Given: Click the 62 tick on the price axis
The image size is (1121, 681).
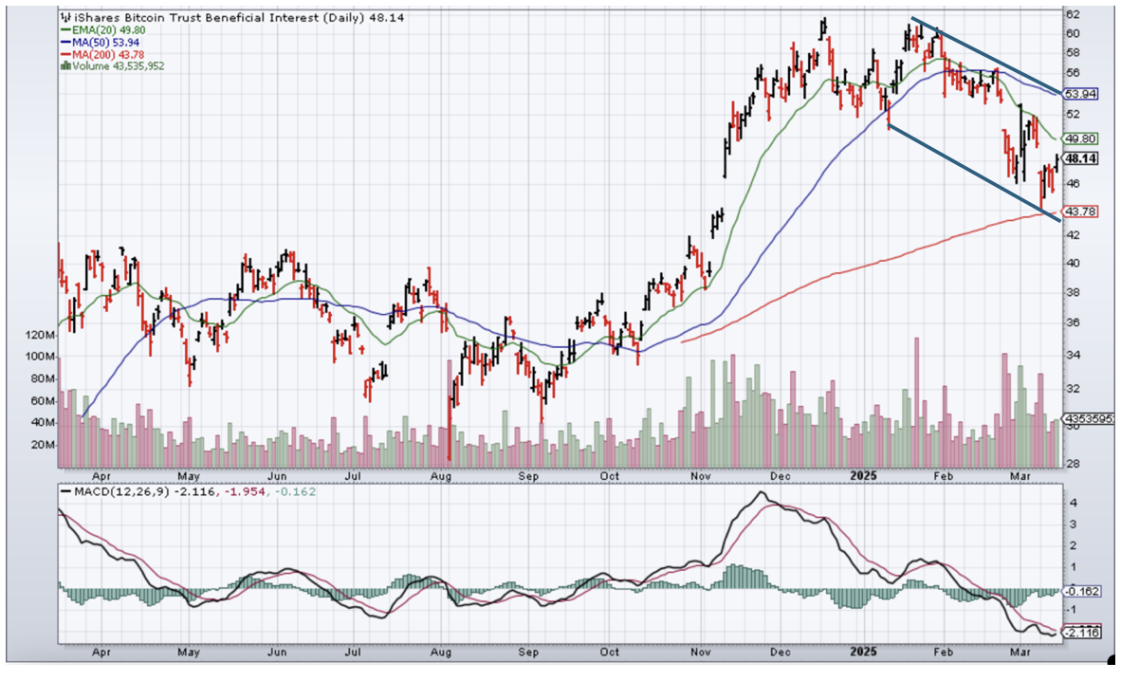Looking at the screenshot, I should [x=1073, y=14].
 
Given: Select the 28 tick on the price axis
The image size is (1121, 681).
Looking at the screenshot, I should [x=1073, y=463].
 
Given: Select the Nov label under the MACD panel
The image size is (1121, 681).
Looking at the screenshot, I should [x=700, y=653].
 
